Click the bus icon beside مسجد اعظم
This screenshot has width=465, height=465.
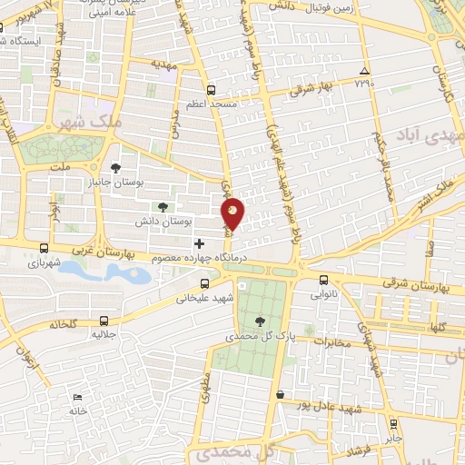211,90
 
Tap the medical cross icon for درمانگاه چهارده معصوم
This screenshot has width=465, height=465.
199,243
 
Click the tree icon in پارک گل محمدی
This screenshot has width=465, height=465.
261,321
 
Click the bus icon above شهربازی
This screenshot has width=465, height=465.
45,247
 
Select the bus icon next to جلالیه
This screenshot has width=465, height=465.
104,320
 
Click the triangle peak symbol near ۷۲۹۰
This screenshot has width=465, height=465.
364,72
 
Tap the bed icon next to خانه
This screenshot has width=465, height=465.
77,398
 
